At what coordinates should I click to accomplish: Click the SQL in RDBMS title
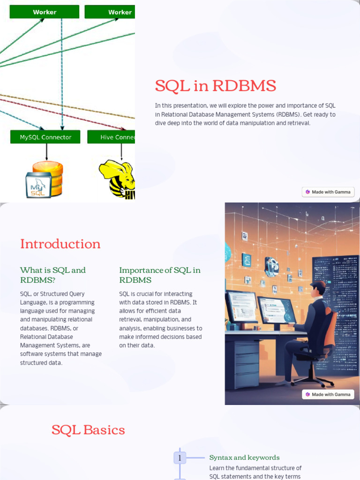(215, 86)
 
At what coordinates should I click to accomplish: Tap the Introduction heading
(60, 244)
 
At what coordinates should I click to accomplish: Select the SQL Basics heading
(88, 430)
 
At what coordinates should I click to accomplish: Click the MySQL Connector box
(45, 137)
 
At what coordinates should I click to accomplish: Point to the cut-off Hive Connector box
(117, 137)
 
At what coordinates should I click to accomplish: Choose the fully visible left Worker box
(45, 12)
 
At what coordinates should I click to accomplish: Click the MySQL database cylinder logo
(45, 179)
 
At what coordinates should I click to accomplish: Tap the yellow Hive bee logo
(118, 178)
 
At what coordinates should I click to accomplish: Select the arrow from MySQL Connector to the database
(46, 151)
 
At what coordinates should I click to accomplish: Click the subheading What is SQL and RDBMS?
(52, 275)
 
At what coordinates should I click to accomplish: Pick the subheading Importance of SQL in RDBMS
(159, 275)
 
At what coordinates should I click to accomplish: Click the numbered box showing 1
(180, 457)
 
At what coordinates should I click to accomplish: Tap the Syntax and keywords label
(244, 457)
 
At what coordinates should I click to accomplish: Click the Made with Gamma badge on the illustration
(328, 394)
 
